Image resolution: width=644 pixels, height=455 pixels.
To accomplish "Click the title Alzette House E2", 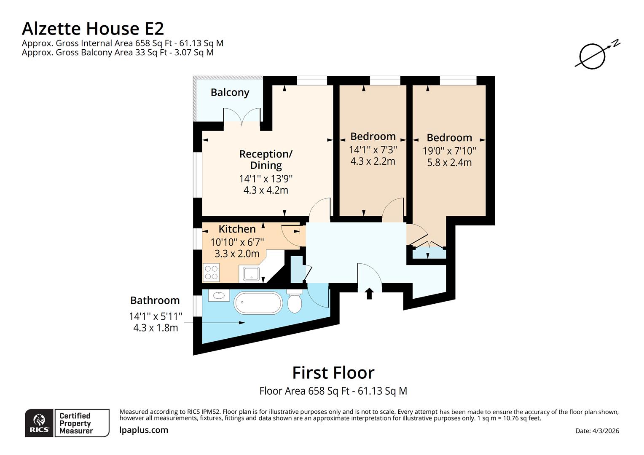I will point(93,29).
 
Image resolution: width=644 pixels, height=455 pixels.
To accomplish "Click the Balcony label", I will point(230,92).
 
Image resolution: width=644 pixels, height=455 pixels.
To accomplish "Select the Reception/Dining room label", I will point(266,160).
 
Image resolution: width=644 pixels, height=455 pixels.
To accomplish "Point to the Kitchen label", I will point(237,229).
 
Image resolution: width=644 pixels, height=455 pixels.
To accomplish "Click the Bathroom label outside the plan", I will point(155,300).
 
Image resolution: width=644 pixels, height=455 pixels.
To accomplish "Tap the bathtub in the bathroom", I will point(258,302).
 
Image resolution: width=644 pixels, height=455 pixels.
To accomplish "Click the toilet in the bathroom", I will point(295,302).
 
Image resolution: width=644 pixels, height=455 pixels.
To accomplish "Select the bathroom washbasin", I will point(219,295).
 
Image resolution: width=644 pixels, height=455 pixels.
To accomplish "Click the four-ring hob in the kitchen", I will point(211,273).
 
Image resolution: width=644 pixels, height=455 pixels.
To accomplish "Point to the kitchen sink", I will point(251,273).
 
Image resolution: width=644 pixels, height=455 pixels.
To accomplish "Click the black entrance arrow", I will point(369,293).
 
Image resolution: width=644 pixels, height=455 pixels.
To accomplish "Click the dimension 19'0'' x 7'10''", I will point(449,151).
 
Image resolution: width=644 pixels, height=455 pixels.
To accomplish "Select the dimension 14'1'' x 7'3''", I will point(373,150).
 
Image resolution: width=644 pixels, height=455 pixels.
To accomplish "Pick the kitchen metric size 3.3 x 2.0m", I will point(237,254).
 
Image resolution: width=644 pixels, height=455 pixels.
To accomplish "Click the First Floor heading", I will point(333,373).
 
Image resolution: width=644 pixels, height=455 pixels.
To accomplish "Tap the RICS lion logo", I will point(39,423).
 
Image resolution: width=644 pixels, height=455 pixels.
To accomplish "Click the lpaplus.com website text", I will point(144,430).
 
